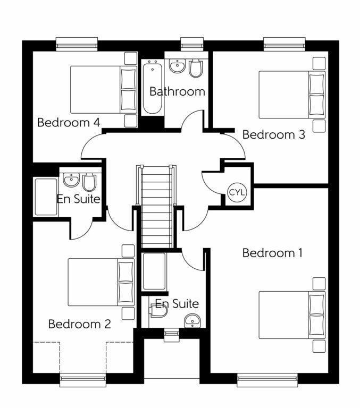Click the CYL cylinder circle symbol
click(237, 192)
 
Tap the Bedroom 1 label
click(272, 253)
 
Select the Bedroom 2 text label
click(80, 324)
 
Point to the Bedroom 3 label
click(273, 135)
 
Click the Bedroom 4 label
click(69, 123)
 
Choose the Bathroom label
click(177, 91)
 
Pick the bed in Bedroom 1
click(291, 314)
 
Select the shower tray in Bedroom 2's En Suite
click(46, 197)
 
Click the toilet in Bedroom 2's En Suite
click(89, 183)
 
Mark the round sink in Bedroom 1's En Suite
click(192, 321)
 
